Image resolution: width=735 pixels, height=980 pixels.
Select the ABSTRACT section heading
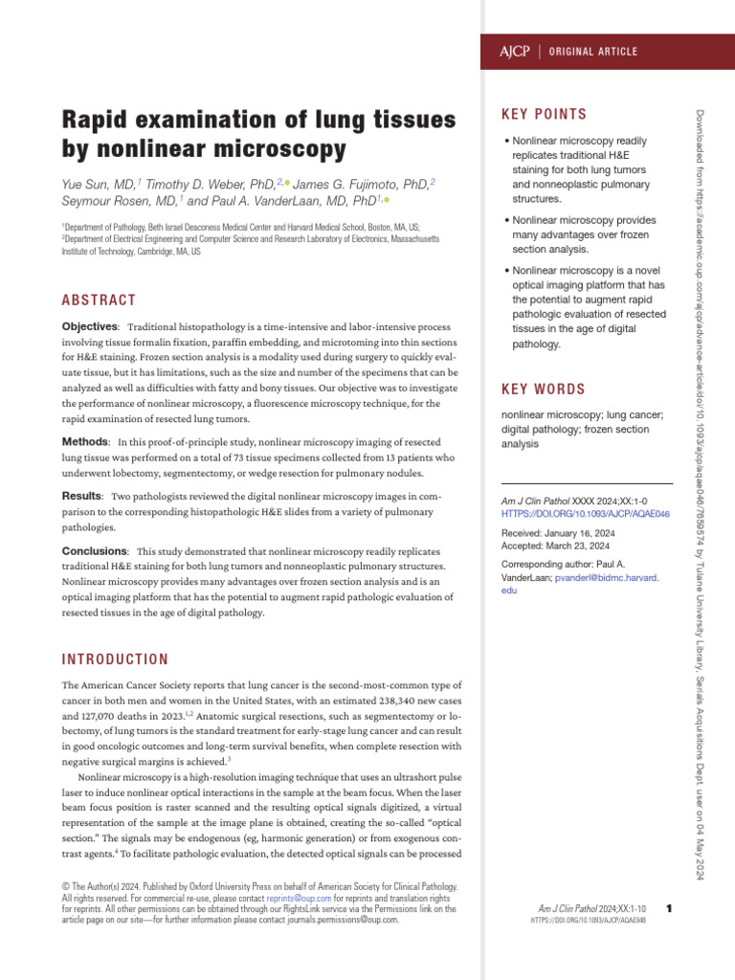[99, 301]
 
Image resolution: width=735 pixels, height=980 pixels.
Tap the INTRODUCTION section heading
[115, 659]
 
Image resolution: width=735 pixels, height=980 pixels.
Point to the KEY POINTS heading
[545, 115]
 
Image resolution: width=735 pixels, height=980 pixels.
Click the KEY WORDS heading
[544, 390]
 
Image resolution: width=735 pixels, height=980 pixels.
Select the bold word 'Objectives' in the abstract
[90, 327]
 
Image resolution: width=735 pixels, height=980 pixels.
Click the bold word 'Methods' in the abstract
[84, 442]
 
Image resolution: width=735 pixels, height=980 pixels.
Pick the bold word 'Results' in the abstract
[81, 497]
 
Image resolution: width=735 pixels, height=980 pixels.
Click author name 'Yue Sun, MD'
[99, 183]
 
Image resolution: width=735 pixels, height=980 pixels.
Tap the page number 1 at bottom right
[668, 907]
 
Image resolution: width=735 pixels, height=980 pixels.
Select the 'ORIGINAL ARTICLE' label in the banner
[593, 51]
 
